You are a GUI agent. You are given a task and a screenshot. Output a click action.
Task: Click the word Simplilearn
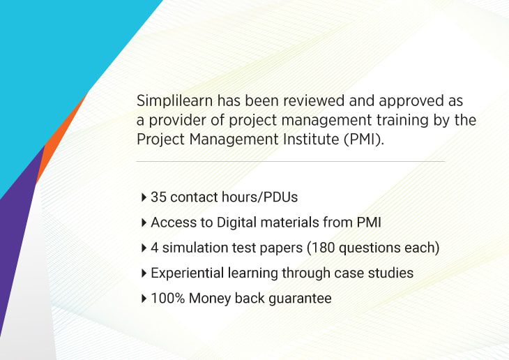(174, 101)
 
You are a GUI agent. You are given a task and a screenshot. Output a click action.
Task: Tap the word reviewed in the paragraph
(314, 100)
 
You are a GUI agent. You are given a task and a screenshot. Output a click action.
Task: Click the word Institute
(311, 139)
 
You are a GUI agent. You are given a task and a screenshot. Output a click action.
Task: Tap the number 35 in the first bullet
(158, 197)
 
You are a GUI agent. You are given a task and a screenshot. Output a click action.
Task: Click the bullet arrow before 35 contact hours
(144, 197)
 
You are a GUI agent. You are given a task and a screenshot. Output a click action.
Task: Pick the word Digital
(236, 223)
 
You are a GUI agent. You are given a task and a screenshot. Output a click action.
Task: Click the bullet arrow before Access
(144, 223)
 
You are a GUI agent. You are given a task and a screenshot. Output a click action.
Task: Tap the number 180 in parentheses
(323, 248)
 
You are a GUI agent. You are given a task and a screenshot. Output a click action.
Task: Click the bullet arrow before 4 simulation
(144, 248)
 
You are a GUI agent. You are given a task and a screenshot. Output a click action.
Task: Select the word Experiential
(188, 273)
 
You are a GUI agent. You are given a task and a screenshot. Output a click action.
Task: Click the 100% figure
(168, 299)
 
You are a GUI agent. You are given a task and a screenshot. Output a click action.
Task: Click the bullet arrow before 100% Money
(144, 299)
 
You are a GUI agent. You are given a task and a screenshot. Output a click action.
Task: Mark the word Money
(210, 299)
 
